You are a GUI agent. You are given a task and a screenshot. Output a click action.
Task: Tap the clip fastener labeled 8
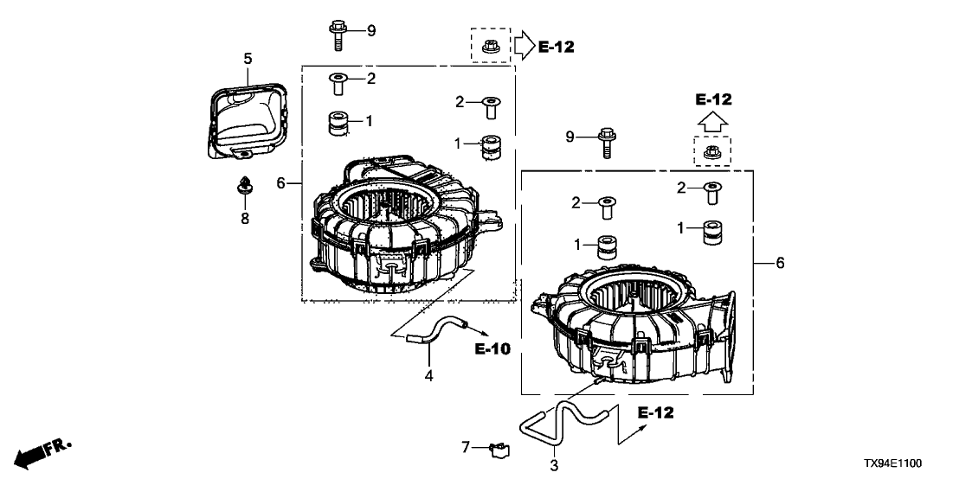(245, 185)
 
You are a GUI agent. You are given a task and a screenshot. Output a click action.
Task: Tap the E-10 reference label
(492, 349)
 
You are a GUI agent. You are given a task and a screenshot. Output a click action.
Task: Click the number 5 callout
(248, 59)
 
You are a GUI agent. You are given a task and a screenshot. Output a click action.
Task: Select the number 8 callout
(245, 219)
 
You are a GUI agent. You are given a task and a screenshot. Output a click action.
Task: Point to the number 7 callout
(465, 447)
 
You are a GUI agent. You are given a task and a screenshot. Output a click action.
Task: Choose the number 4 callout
(428, 374)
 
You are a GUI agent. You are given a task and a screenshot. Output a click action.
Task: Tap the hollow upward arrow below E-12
(713, 122)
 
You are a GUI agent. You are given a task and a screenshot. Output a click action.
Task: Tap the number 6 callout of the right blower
(780, 263)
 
